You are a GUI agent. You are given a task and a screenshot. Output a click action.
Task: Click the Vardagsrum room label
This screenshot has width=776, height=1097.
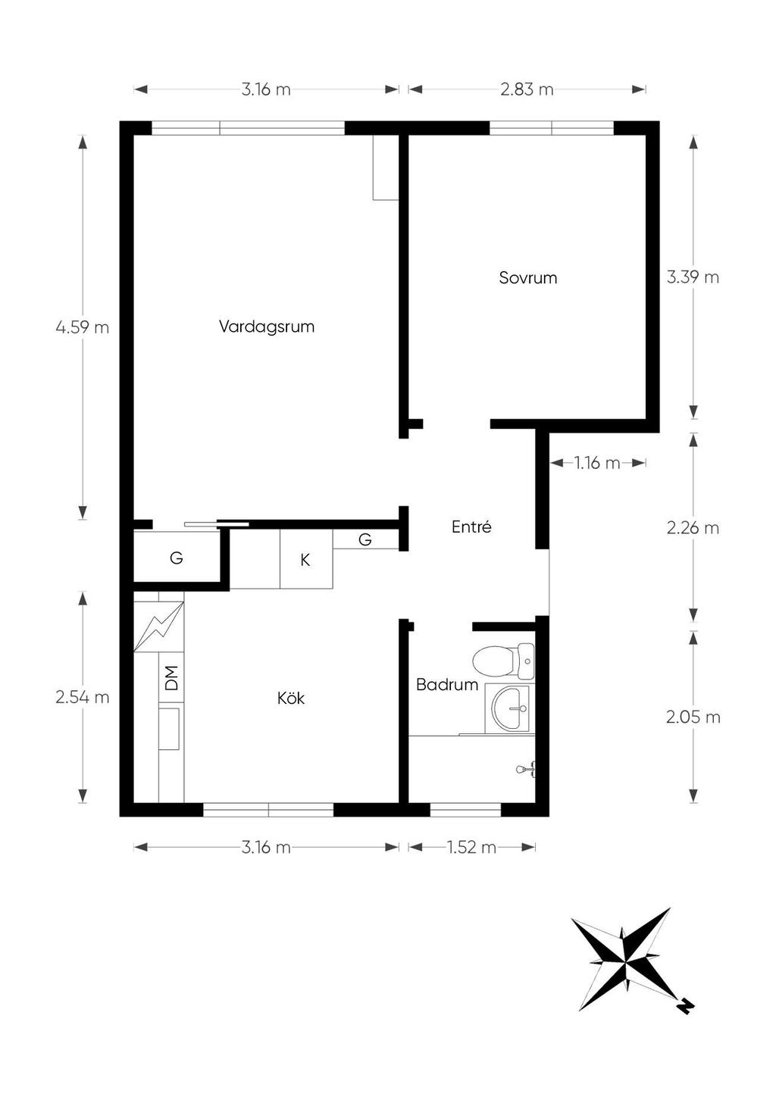pos(267,327)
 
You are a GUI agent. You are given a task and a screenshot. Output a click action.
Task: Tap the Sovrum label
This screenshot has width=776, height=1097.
pos(527,278)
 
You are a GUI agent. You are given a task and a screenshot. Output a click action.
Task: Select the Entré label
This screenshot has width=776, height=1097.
pos(471,527)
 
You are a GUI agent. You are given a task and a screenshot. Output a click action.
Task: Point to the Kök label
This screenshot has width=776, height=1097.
pos(291,698)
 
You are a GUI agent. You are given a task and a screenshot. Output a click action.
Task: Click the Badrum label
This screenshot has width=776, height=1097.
pos(447,685)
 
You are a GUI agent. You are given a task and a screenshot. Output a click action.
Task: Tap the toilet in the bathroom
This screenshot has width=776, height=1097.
pos(503,661)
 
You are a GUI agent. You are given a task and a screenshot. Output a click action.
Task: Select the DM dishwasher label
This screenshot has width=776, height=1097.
pos(171,678)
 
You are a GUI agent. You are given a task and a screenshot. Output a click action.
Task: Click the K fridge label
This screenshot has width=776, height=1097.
pos(305,561)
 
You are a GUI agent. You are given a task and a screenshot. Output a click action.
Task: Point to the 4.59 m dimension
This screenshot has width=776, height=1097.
pos(83,327)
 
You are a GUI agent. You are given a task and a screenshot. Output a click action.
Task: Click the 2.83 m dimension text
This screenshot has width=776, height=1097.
pos(527,89)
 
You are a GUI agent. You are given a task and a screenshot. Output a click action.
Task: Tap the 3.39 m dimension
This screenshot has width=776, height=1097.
pos(693,278)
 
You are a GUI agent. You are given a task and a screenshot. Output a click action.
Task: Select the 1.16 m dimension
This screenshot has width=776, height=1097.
pos(597,463)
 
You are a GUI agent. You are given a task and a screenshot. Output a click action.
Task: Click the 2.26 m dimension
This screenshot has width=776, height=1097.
pos(693,528)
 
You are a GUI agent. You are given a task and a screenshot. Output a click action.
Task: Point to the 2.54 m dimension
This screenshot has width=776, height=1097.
pos(83,697)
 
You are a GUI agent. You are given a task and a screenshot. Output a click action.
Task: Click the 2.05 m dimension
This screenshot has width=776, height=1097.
pos(693,717)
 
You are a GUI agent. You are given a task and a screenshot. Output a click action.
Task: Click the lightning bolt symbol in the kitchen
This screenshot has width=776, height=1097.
pos(158,627)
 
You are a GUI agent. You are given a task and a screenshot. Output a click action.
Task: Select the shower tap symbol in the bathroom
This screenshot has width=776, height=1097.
pos(527,770)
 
